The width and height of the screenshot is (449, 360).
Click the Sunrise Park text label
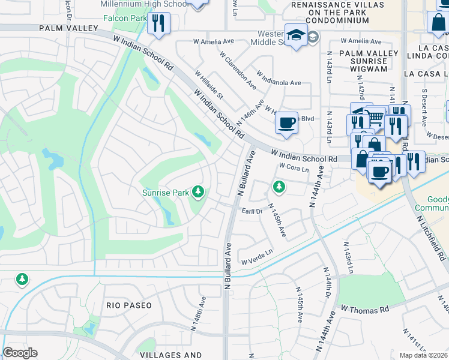165,193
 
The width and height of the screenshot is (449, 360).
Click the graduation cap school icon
296,35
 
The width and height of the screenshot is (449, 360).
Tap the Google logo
20,353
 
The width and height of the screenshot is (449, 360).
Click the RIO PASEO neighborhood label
128,305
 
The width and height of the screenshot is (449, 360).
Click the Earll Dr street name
252,212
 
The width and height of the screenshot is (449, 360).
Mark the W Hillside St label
208,84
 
